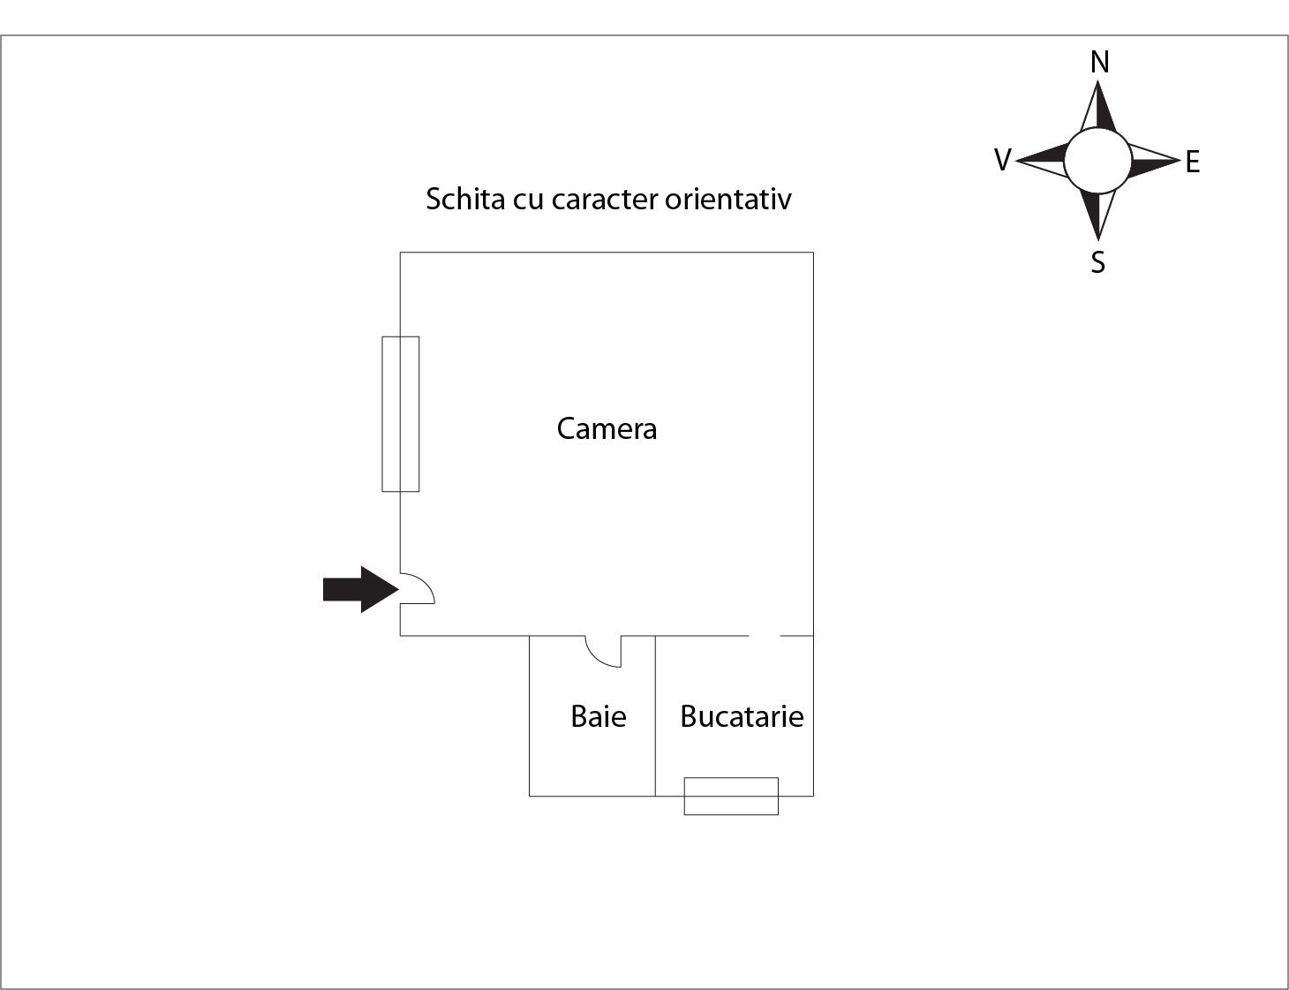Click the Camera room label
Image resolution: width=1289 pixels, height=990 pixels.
tap(607, 428)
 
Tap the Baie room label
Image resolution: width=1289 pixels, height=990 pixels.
tap(599, 716)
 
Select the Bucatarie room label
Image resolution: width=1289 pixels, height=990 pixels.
tap(742, 716)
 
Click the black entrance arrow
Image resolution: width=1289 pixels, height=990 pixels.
tap(361, 590)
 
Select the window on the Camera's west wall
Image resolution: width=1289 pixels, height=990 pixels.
tap(401, 414)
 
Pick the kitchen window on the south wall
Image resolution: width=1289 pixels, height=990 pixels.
tap(731, 796)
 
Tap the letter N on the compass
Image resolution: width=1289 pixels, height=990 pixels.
tap(1100, 63)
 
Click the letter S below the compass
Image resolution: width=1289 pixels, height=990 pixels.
tap(1098, 262)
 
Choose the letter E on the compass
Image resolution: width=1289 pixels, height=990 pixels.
tap(1192, 162)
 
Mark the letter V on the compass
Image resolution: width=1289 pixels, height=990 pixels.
tap(1002, 160)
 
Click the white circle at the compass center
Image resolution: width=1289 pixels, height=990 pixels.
tap(1097, 161)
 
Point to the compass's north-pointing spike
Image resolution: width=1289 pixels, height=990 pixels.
tap(1098, 106)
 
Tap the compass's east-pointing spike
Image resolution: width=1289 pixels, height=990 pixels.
tap(1154, 161)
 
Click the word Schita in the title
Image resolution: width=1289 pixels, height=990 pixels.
tap(465, 199)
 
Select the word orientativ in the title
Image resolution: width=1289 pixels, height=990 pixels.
tap(727, 199)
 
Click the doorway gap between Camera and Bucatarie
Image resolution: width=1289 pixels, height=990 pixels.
tap(764, 636)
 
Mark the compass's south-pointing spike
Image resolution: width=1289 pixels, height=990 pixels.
tap(1098, 215)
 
